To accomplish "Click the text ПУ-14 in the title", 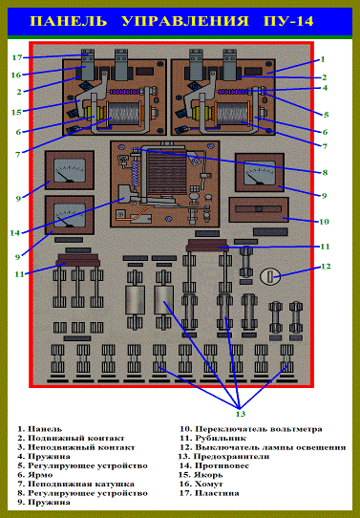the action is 288,21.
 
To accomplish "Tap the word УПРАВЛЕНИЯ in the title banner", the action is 185,21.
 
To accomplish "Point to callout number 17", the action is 17,57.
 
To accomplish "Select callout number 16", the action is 16,76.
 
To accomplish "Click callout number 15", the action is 16,113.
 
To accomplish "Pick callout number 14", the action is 15,233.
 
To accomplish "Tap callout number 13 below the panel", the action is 241,414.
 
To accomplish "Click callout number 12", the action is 326,266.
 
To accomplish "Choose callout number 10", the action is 325,222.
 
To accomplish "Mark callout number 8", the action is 325,172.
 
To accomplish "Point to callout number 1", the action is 323,59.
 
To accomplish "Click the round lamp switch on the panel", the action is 270,276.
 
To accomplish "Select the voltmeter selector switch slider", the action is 259,208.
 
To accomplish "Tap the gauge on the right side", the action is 260,172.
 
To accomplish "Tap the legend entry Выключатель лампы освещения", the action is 270,447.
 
